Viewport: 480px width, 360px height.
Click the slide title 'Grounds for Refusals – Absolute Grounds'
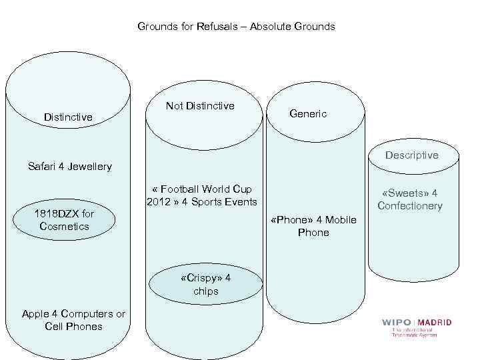click(x=236, y=27)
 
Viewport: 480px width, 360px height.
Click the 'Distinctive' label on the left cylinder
click(x=68, y=117)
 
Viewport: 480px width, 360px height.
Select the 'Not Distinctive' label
click(x=200, y=106)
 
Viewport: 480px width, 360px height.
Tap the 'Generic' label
click(x=308, y=114)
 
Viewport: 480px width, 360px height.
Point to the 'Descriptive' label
click(x=411, y=155)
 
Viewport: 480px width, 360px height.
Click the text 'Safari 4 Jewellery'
click(x=70, y=167)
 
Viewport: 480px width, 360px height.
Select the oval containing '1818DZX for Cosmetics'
click(x=65, y=220)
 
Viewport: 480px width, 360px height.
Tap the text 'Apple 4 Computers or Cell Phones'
click(x=73, y=320)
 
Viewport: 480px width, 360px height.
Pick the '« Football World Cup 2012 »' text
click(x=201, y=196)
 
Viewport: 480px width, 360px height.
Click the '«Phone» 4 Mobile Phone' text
click(x=313, y=226)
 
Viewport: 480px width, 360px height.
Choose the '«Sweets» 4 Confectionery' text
click(x=410, y=199)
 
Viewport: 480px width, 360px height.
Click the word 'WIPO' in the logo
click(x=397, y=323)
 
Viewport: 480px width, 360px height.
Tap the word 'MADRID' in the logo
click(x=435, y=323)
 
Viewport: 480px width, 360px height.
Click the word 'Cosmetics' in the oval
click(x=64, y=226)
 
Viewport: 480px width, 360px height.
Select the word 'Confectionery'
click(x=410, y=205)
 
